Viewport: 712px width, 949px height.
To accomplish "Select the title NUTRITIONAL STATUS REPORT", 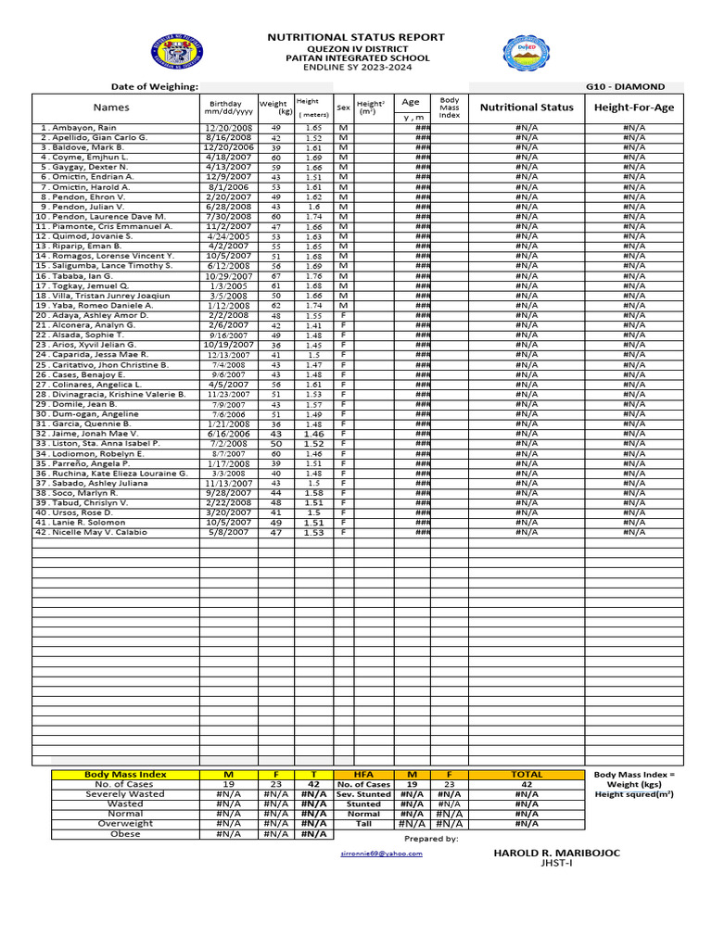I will point(356,37).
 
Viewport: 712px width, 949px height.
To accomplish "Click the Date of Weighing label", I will point(155,86).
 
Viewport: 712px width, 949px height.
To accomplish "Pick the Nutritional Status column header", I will point(527,108).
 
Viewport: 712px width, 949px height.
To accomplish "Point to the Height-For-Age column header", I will point(634,108).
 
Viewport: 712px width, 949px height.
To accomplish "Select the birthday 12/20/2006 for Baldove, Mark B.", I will point(229,147).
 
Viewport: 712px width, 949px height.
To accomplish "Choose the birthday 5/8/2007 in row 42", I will point(229,532).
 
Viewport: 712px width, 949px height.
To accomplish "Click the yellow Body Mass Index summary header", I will point(125,774).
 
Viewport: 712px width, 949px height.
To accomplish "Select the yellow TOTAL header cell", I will point(527,774).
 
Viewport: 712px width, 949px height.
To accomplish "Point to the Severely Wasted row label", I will point(125,794).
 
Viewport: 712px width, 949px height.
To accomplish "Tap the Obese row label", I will point(125,834).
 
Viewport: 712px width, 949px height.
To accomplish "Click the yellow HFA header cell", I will point(363,774).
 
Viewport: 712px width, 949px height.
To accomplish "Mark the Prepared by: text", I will point(431,839).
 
